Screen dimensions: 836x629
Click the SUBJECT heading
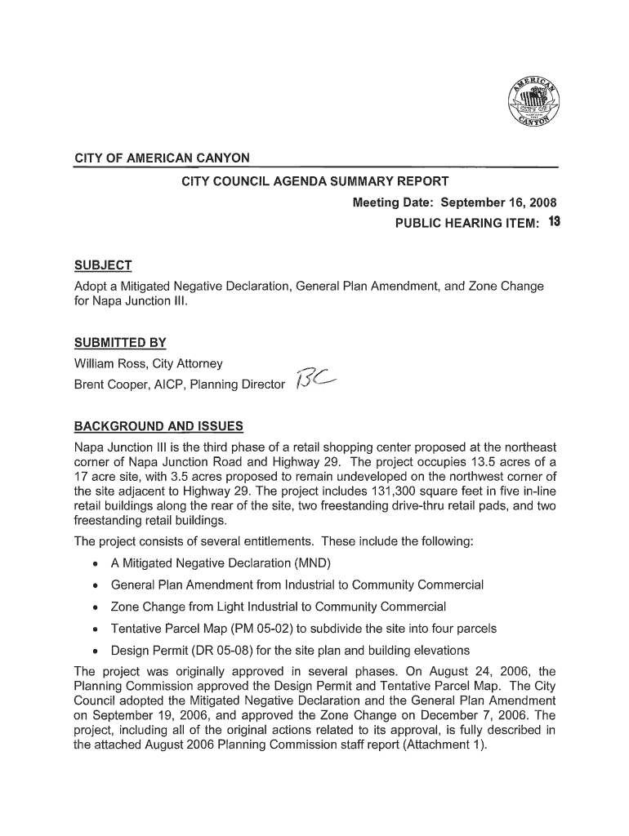point(103,265)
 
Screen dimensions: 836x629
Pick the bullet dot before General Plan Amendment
point(96,585)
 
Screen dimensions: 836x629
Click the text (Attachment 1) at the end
point(448,754)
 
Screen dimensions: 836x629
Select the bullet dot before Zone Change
point(96,607)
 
